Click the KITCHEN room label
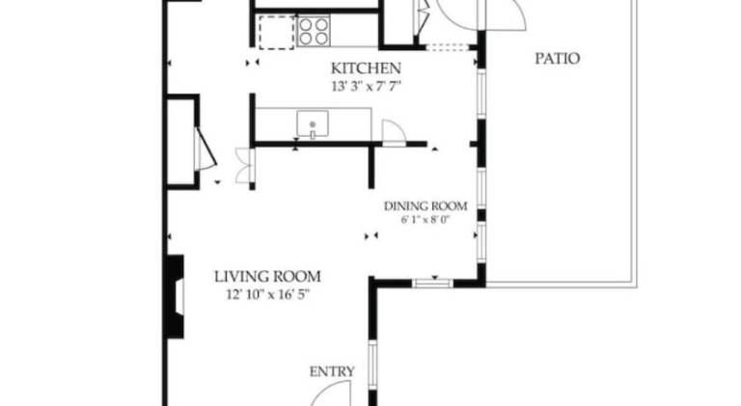pyautogui.click(x=366, y=68)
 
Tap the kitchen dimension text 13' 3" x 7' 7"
pyautogui.click(x=367, y=87)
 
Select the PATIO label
pyautogui.click(x=557, y=59)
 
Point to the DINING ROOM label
pyautogui.click(x=425, y=206)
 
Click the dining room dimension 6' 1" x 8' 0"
pyautogui.click(x=425, y=220)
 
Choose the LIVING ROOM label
pyautogui.click(x=267, y=276)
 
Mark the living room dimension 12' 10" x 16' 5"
pyautogui.click(x=267, y=295)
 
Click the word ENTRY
pyautogui.click(x=332, y=371)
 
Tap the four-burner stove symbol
pyautogui.click(x=314, y=31)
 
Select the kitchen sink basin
pyautogui.click(x=313, y=124)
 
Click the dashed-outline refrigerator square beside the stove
pyautogui.click(x=276, y=32)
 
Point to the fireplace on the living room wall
pyautogui.click(x=175, y=296)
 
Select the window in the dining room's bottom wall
pyautogui.click(x=432, y=284)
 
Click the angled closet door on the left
pyautogui.click(x=206, y=149)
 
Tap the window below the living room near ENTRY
pyautogui.click(x=372, y=365)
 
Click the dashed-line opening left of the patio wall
pyautogui.click(x=448, y=47)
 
